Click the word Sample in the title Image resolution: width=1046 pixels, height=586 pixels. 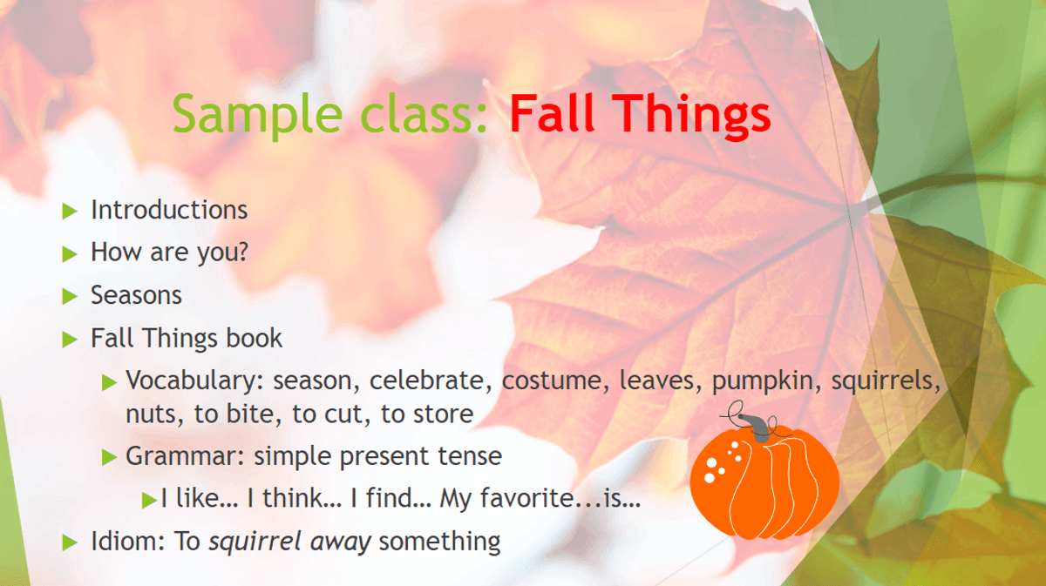258,115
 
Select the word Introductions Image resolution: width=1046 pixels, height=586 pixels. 169,210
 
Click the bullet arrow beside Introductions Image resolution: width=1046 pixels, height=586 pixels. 70,212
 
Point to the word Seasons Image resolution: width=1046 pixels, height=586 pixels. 136,295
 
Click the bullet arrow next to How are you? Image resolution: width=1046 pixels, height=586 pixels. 70,254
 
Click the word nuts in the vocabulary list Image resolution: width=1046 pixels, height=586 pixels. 154,414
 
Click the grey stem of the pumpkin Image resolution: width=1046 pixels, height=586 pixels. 755,428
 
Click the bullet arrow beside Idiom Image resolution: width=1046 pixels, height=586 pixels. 70,542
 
